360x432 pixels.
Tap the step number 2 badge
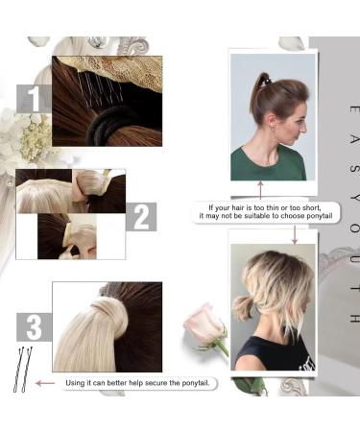pyautogui.click(x=140, y=217)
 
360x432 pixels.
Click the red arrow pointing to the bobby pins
pyautogui.click(x=42, y=382)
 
